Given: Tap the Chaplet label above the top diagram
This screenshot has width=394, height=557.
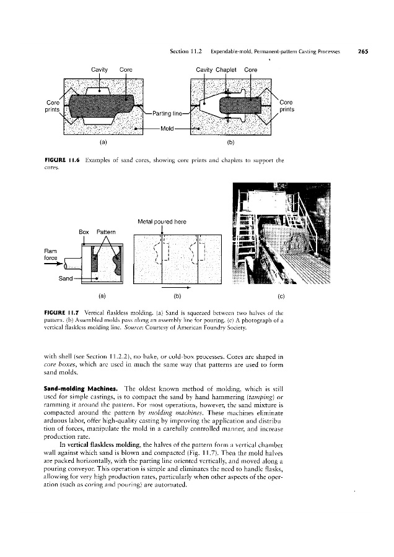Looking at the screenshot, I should coord(229,70).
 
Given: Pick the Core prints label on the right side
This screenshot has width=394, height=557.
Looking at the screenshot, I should coord(287,106).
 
